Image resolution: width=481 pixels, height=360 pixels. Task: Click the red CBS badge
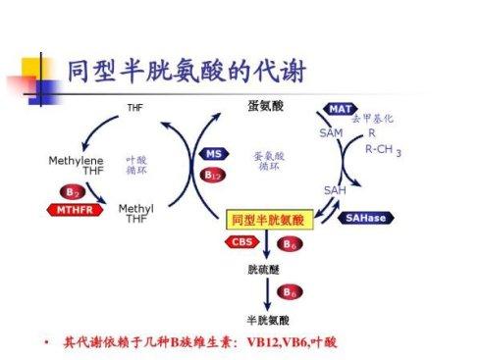(x=242, y=241)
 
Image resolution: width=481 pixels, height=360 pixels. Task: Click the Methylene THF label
(x=76, y=165)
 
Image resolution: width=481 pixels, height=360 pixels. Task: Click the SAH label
(x=334, y=188)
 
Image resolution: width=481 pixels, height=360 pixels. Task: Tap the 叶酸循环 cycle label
(x=136, y=162)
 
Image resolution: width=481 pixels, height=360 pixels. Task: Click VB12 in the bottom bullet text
(x=267, y=343)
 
